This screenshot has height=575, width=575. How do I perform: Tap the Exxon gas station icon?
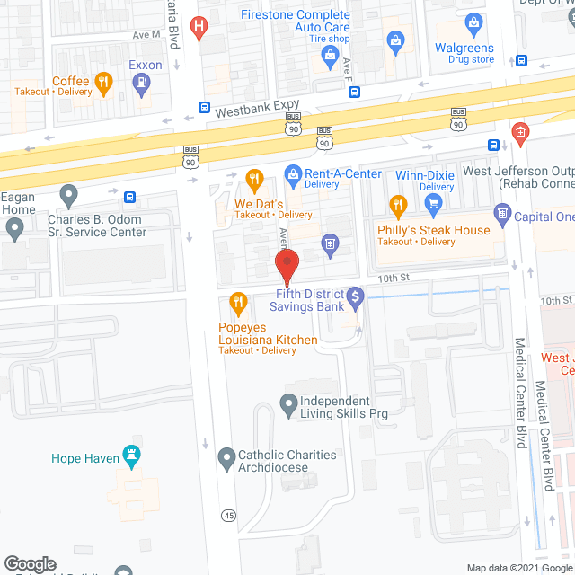[x=140, y=84]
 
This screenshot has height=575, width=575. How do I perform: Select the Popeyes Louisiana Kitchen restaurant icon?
[x=238, y=303]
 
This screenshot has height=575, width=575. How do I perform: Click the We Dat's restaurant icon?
[x=254, y=180]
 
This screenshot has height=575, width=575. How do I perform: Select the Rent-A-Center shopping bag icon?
[x=292, y=173]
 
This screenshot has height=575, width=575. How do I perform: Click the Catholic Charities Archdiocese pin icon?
[x=226, y=461]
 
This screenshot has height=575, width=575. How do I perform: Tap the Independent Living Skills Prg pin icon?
[x=288, y=406]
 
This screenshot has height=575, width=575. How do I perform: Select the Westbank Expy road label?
[x=255, y=112]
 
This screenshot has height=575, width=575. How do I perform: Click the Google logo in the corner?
[x=30, y=563]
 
